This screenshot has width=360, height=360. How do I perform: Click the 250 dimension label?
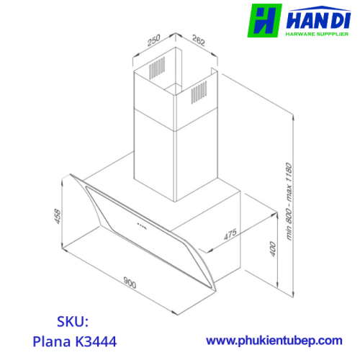154,40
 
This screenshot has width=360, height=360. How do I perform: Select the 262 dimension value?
199,40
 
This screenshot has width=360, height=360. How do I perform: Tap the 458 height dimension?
58,217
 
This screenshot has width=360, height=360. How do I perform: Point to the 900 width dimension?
130,282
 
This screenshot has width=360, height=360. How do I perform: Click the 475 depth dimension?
230,234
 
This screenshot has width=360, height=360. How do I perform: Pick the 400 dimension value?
273,249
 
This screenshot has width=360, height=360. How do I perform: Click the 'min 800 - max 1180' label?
289,201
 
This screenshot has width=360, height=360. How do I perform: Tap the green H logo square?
264,21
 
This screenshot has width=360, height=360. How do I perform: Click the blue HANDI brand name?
318,20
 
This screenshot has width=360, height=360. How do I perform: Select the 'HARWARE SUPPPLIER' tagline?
317,34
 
